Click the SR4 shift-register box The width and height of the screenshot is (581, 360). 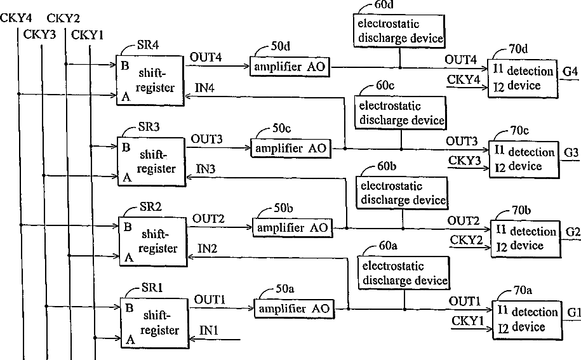point(150,81)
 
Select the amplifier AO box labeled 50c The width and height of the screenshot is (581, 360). point(291,149)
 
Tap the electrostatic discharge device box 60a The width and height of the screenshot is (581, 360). point(404,273)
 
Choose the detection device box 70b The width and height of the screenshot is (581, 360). point(525,239)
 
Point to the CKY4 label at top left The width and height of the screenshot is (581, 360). point(16,18)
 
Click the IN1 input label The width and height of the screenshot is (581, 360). point(209,330)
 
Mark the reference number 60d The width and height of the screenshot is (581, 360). point(384,5)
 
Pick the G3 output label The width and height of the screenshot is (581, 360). point(571,152)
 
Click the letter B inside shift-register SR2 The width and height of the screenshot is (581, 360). point(128,227)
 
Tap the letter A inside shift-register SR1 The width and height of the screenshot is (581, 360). point(130,340)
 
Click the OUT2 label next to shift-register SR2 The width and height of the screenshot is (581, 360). point(208,218)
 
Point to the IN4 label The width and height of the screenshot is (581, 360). point(204,88)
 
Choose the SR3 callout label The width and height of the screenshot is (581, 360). point(149,127)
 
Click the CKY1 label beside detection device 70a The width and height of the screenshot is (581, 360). point(467,321)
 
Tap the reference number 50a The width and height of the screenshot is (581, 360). point(285,288)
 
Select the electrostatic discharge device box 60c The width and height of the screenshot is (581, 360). point(401,112)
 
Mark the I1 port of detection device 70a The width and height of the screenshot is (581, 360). point(502,310)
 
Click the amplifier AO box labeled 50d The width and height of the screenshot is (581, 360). point(290,67)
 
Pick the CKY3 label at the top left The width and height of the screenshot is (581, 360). point(39,34)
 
